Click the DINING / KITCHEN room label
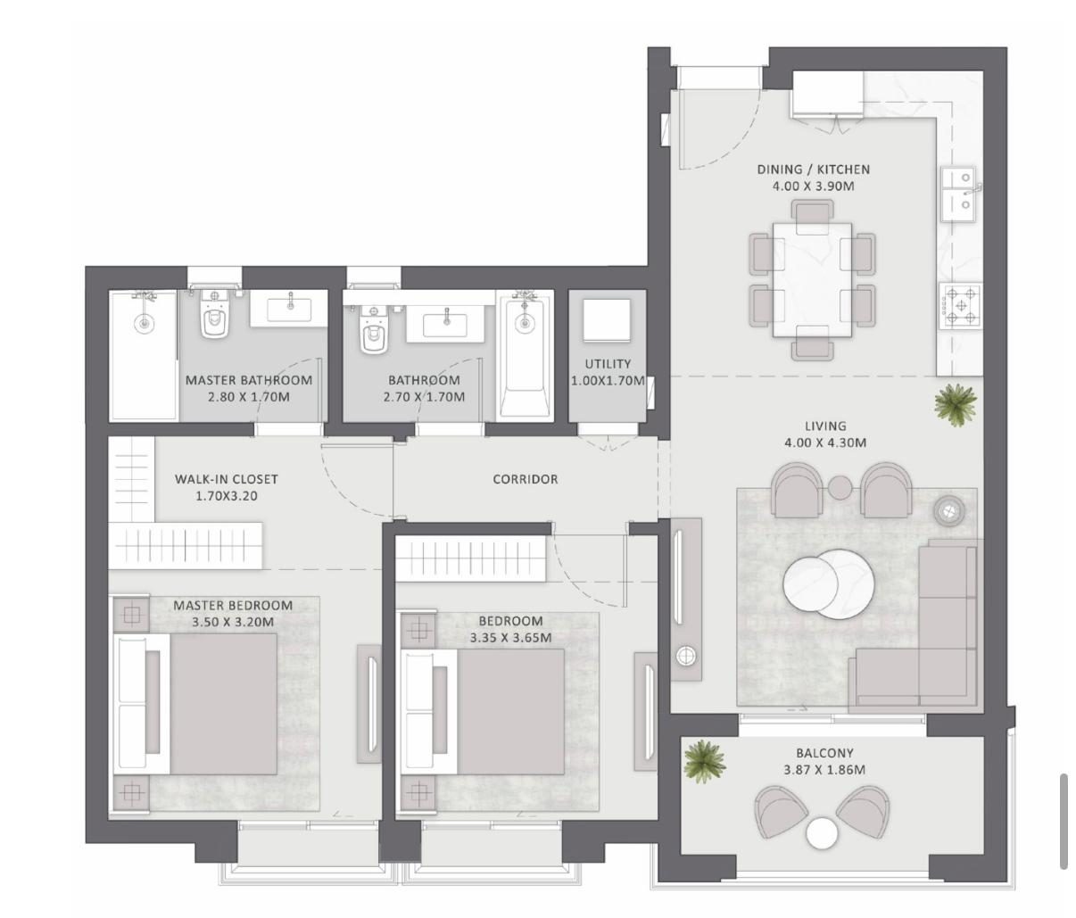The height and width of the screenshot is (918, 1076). [x=813, y=170]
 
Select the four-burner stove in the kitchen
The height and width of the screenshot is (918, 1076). [x=961, y=305]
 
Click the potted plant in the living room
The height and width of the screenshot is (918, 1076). [x=956, y=405]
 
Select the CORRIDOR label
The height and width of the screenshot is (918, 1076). [x=526, y=479]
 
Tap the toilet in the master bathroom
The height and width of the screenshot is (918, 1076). [x=214, y=314]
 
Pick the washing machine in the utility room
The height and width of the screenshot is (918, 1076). [x=607, y=320]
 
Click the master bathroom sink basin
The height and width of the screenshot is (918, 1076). [x=289, y=309]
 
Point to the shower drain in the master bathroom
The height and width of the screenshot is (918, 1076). [x=145, y=324]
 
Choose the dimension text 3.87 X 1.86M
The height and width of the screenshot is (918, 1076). [x=824, y=770]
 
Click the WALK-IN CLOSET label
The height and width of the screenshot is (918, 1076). [x=226, y=479]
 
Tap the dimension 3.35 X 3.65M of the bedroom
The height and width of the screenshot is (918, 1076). [x=510, y=638]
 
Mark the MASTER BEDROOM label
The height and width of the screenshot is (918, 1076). [x=233, y=605]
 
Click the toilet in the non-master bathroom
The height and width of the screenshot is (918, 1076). [x=373, y=330]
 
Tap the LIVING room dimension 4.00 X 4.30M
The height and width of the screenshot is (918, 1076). [x=825, y=442]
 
